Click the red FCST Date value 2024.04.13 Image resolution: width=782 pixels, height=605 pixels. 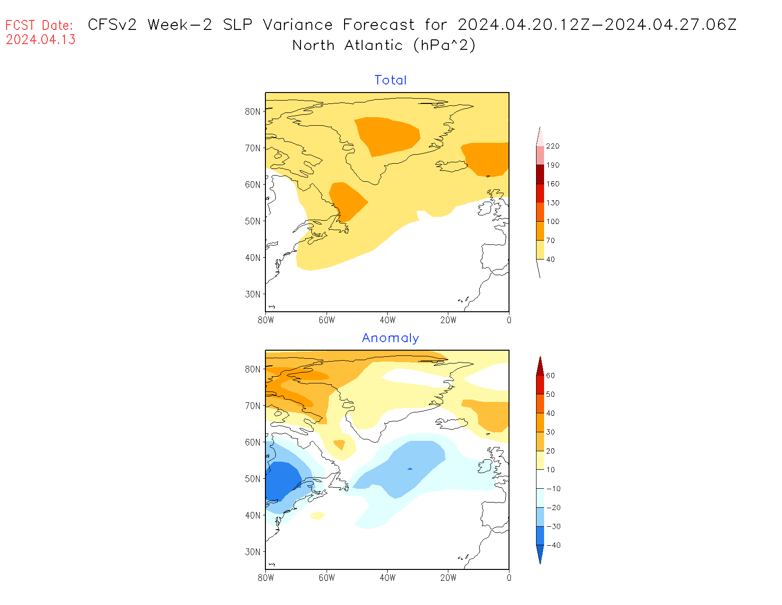(x=41, y=40)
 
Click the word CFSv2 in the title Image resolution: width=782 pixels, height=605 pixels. (x=112, y=25)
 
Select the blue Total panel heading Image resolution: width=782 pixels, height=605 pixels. (x=391, y=80)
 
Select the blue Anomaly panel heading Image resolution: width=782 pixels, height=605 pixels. (x=391, y=338)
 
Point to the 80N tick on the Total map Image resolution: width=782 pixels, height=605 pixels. (x=253, y=112)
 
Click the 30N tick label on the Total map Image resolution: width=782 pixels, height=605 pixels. (x=253, y=294)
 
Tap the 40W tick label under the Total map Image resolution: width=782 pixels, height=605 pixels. (x=387, y=320)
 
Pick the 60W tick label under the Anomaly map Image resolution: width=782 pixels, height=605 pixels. (x=327, y=578)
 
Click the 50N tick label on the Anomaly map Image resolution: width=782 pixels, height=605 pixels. (x=253, y=479)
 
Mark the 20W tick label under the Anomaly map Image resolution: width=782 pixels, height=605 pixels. (x=448, y=578)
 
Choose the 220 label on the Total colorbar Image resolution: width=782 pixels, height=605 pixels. (x=553, y=146)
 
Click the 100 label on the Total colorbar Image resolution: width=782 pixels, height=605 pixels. (x=553, y=222)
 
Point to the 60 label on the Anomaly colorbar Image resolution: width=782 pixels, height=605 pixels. (x=550, y=376)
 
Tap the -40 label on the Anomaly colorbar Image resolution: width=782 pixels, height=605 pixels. (x=553, y=545)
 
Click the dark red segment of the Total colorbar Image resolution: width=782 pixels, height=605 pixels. (x=540, y=174)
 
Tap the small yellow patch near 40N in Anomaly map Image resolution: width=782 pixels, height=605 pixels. (x=318, y=515)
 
